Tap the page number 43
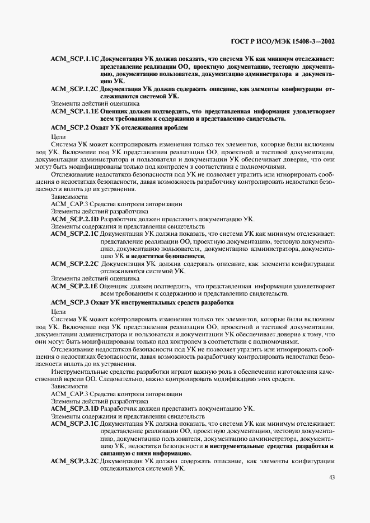pyautogui.click(x=332, y=477)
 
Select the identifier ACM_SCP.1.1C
pyautogui.click(x=74, y=58)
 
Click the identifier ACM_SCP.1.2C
pyautogui.click(x=74, y=89)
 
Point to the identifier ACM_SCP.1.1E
pyautogui.click(x=74, y=111)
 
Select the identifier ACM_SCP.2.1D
pyautogui.click(x=74, y=219)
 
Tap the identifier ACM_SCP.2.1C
pyautogui.click(x=74, y=234)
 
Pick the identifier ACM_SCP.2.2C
pyautogui.click(x=74, y=263)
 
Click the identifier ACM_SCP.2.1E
pyautogui.click(x=74, y=286)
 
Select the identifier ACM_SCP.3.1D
pyautogui.click(x=74, y=408)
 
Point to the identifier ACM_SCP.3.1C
pyautogui.click(x=74, y=424)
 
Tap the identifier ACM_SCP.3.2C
pyautogui.click(x=74, y=461)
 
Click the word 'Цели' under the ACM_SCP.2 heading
pyautogui.click(x=58, y=136)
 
